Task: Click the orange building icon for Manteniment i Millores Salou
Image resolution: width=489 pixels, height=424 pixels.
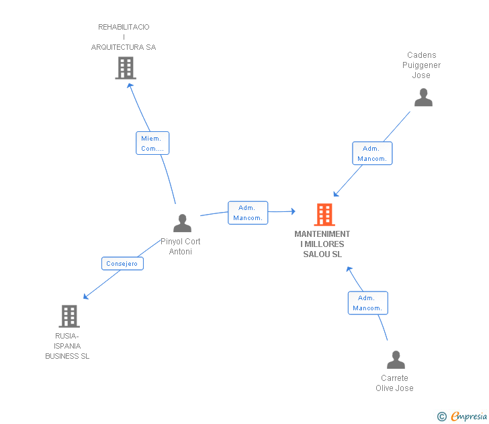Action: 324,215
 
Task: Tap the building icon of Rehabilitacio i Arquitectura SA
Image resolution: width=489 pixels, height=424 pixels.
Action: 126,68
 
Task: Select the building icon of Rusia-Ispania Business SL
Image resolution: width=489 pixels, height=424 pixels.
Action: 69,316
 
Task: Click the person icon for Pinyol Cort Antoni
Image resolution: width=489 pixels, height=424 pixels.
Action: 182,223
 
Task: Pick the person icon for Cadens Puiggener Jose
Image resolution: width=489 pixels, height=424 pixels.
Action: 423,98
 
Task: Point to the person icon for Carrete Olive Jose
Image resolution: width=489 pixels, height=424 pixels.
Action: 396,360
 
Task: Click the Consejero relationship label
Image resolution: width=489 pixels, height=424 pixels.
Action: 122,264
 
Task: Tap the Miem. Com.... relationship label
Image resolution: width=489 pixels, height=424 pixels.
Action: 152,143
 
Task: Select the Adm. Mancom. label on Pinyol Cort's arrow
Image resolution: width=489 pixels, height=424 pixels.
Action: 248,213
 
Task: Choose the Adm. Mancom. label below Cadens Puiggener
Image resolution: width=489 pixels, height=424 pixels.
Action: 371,153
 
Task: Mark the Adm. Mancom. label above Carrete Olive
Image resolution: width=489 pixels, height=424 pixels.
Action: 367,303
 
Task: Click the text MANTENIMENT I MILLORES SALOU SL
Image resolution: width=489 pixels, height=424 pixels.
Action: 322,244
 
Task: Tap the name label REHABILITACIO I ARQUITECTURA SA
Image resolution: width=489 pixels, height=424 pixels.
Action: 124,37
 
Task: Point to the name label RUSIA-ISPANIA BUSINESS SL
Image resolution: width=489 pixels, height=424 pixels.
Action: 67,346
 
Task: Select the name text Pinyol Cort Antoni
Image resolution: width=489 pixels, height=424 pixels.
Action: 181,246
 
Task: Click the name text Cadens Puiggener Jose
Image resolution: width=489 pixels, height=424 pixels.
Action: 422,65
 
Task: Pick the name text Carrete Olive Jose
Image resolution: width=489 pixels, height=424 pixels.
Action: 394,383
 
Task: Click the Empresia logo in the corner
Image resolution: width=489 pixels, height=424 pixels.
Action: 469,416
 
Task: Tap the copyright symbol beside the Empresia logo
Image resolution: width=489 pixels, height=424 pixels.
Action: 442,417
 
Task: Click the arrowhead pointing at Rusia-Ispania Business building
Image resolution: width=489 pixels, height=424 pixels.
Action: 85,297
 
